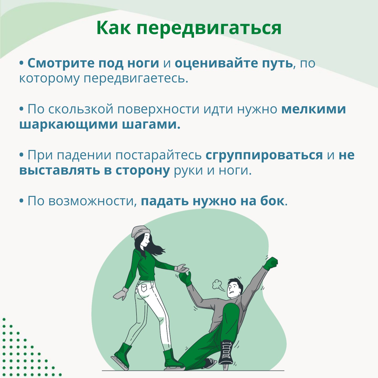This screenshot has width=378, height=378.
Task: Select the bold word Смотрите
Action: point(61,63)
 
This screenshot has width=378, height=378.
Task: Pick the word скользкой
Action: point(81,109)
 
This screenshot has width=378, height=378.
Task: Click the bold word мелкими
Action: point(313,109)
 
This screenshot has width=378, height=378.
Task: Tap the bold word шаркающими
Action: point(69,125)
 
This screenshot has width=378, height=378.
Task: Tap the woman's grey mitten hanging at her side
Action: point(120,293)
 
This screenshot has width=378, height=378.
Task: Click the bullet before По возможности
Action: point(22,201)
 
